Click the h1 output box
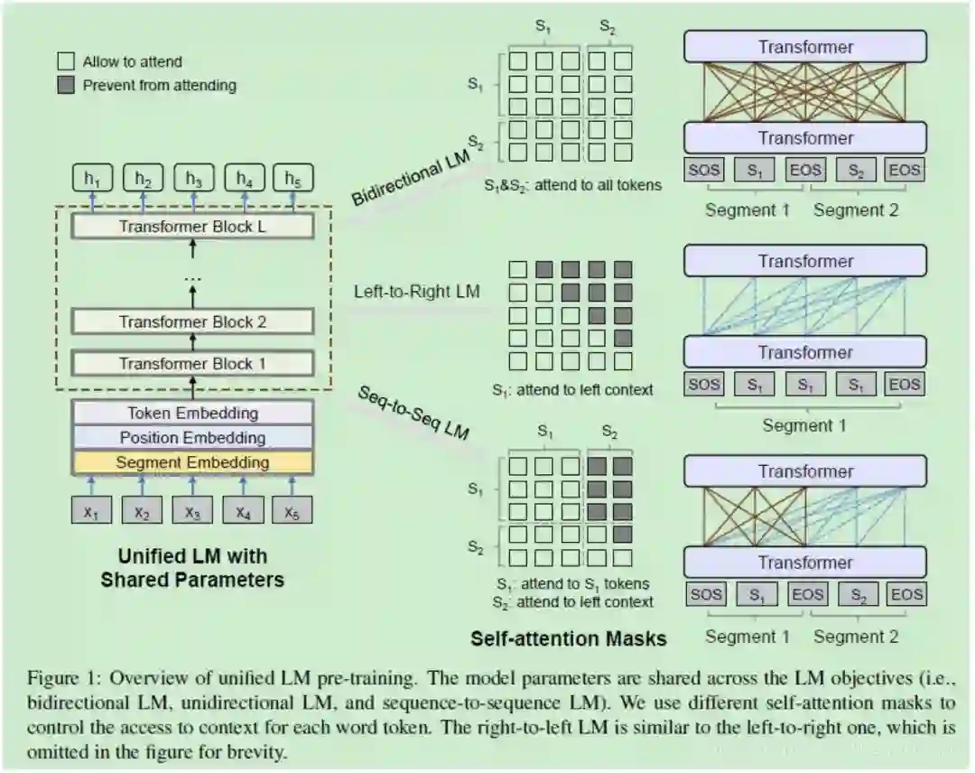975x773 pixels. click(x=91, y=179)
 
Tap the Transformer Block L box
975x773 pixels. click(x=192, y=227)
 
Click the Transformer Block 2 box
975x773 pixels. click(x=192, y=321)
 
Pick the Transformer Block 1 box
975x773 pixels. click(x=192, y=364)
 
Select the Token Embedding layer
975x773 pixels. click(x=192, y=414)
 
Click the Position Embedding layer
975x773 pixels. click(x=192, y=438)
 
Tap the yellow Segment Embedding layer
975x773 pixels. click(x=192, y=462)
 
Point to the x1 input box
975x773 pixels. click(x=91, y=511)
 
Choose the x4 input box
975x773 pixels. click(x=243, y=511)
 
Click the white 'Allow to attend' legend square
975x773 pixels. click(x=66, y=62)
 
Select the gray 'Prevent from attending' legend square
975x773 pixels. click(x=66, y=86)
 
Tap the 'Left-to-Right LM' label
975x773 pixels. click(x=417, y=292)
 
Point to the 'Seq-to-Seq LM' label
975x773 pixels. click(x=413, y=414)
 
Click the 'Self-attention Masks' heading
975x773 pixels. click(x=568, y=638)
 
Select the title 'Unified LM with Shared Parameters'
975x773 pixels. click(x=192, y=567)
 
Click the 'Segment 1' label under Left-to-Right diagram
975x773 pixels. click(x=804, y=424)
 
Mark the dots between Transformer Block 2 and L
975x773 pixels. click(x=192, y=278)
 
